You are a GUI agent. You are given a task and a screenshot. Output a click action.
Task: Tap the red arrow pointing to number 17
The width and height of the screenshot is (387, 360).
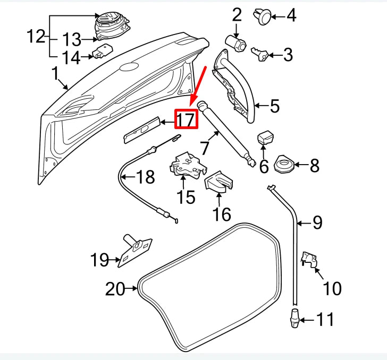coord(198,85)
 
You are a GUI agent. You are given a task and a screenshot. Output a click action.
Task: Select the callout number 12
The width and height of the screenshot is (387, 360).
coord(36,38)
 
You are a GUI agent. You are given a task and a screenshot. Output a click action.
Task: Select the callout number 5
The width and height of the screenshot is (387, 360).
coord(274,106)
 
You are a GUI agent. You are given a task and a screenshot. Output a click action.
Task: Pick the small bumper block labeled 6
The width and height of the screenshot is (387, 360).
coord(265,139)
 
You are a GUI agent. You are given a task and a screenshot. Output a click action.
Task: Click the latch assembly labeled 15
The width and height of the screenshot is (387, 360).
coord(186,165)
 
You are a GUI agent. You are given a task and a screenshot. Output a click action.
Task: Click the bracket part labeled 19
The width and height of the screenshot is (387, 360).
coord(133,251)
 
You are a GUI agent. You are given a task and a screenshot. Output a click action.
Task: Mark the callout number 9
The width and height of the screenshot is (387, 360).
coord(317,222)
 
